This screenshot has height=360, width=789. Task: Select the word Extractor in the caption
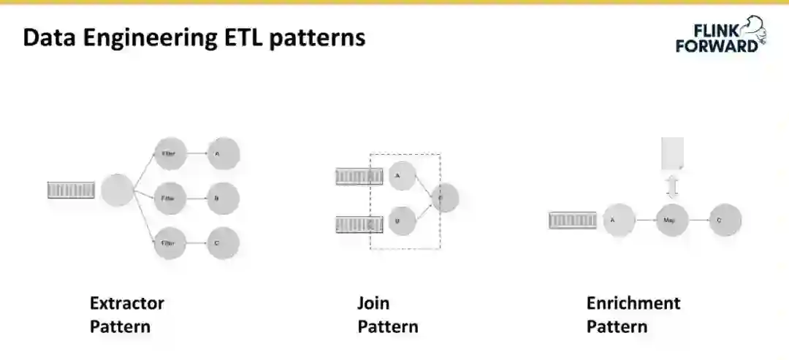pyautogui.click(x=127, y=302)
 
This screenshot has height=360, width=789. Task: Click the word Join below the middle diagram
pyautogui.click(x=373, y=302)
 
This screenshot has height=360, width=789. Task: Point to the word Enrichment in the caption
pyautogui.click(x=633, y=302)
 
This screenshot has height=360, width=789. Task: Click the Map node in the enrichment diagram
pyautogui.click(x=672, y=220)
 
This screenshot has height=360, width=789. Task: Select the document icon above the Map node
pyautogui.click(x=672, y=154)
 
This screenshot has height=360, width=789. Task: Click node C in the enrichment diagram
pyautogui.click(x=725, y=220)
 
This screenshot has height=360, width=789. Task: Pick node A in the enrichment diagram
pyautogui.click(x=619, y=220)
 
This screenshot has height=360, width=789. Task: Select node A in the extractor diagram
pyautogui.click(x=223, y=154)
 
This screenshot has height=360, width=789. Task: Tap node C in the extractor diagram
pyautogui.click(x=223, y=243)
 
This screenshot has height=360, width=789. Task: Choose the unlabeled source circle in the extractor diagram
pyautogui.click(x=117, y=190)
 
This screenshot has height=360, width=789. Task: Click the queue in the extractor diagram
pyautogui.click(x=72, y=190)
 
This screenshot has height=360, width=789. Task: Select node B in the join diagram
pyautogui.click(x=402, y=220)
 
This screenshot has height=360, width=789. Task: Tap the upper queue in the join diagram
pyautogui.click(x=359, y=176)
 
